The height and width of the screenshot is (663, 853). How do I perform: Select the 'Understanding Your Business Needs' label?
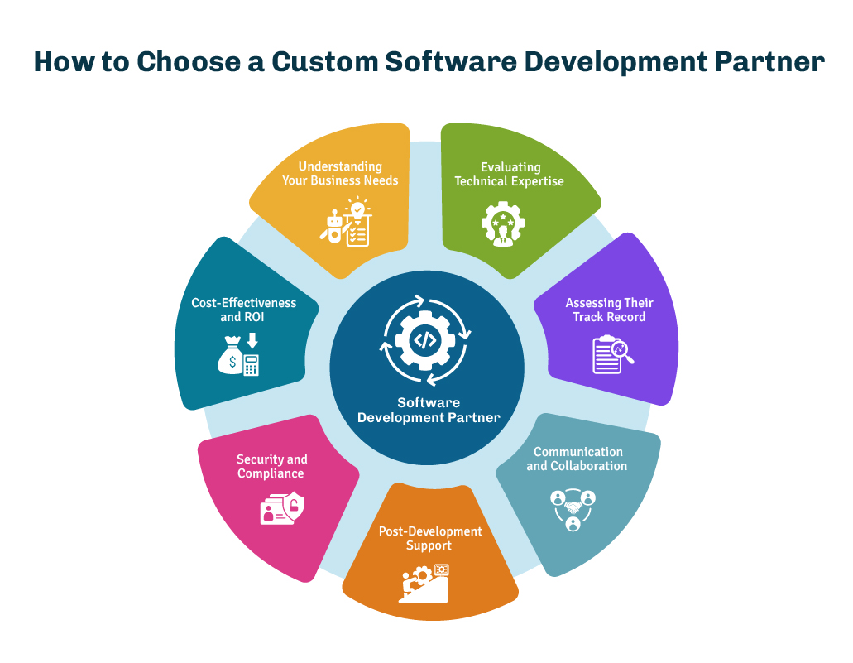tap(339, 173)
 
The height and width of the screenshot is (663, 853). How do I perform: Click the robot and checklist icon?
tap(345, 222)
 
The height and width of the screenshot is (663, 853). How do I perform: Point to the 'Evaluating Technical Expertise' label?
tap(510, 174)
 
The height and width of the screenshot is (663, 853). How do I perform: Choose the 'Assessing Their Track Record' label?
tap(609, 310)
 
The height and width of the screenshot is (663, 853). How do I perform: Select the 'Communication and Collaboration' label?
tap(577, 459)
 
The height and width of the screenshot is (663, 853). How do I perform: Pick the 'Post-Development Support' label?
tap(429, 538)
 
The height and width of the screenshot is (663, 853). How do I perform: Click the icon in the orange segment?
tap(428, 583)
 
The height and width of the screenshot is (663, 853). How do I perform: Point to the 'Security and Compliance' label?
tap(271, 466)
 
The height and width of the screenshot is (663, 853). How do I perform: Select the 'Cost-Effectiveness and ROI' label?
tap(243, 310)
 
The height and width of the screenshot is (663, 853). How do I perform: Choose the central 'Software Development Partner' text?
tap(428, 410)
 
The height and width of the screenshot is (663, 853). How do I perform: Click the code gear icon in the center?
tap(425, 340)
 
